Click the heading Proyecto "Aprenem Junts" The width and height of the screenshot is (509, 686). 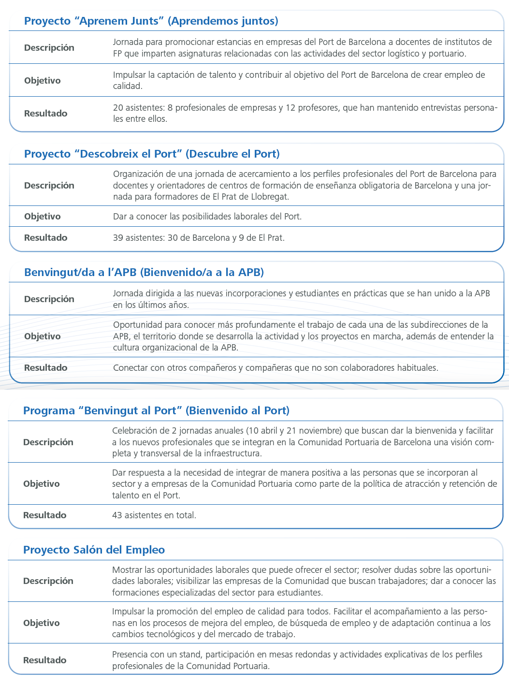point(151,21)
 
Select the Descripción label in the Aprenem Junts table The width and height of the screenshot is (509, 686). point(49,47)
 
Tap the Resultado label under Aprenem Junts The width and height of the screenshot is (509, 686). point(46,113)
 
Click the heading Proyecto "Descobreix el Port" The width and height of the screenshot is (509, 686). point(152,154)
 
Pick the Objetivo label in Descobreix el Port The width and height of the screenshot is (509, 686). point(43,216)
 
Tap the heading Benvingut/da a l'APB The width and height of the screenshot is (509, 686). point(144,272)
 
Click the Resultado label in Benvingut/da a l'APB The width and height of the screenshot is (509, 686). point(46,367)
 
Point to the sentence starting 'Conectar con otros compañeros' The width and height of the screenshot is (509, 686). point(276,367)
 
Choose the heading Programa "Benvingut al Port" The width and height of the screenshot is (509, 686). point(156,397)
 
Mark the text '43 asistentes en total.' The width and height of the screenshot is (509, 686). point(154,515)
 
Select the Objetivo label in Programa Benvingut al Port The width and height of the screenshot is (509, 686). point(42,483)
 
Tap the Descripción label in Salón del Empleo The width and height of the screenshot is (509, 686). point(48,581)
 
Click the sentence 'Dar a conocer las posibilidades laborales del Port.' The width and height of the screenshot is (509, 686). point(207,216)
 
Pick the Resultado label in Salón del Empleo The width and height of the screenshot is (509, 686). point(45,660)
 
